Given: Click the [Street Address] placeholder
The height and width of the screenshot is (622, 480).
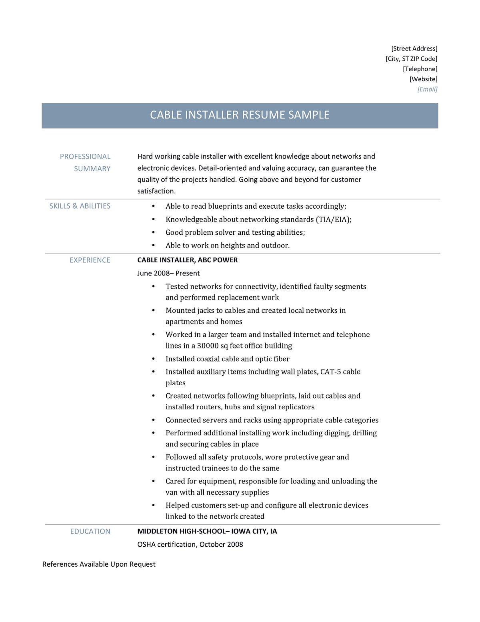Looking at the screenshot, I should [x=414, y=48].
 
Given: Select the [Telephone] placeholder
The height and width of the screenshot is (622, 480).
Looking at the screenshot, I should [x=420, y=69].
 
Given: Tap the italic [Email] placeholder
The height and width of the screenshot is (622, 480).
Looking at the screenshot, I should [x=427, y=89].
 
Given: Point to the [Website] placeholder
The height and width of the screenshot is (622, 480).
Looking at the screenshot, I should [x=423, y=79].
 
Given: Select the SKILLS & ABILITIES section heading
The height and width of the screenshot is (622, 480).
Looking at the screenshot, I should [x=80, y=206].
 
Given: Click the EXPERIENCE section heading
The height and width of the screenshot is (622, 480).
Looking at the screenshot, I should [x=90, y=260].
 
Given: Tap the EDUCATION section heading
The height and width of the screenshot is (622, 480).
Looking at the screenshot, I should [x=90, y=531].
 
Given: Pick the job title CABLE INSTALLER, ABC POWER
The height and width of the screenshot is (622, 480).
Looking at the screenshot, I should [x=187, y=260].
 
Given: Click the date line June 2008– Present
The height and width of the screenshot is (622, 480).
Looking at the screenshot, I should [x=168, y=273].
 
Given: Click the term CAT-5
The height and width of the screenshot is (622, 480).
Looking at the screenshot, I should [x=331, y=372].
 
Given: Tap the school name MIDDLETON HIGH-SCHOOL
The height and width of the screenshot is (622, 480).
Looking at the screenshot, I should [x=181, y=531].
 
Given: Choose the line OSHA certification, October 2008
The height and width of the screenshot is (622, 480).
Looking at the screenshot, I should [x=190, y=544].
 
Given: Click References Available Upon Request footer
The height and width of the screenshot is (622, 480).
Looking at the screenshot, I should [x=99, y=564].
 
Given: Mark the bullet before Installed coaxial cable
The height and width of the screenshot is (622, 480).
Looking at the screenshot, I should [x=153, y=359].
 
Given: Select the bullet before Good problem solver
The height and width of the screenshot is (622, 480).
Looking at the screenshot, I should [x=153, y=233].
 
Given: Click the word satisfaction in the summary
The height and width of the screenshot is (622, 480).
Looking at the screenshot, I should [x=156, y=191].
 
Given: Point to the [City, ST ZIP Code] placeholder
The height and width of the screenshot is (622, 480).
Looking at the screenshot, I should [x=411, y=58].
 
